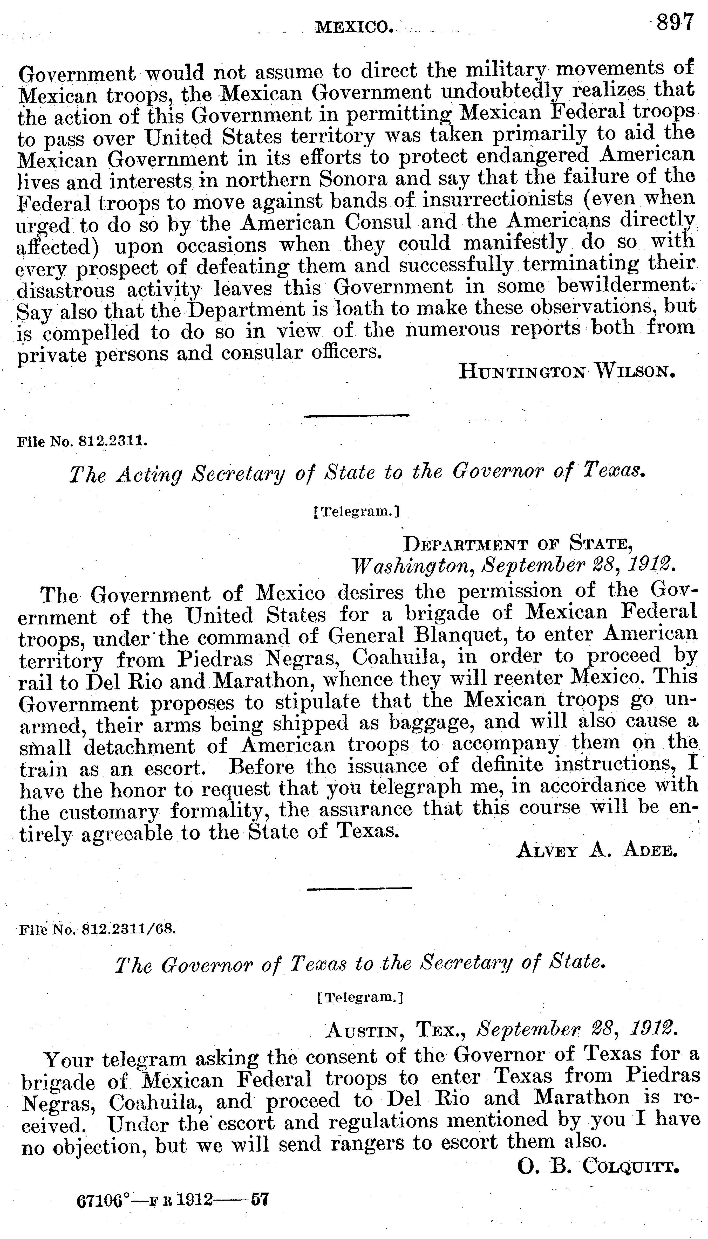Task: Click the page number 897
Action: [675, 23]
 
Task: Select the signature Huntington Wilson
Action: [567, 372]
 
